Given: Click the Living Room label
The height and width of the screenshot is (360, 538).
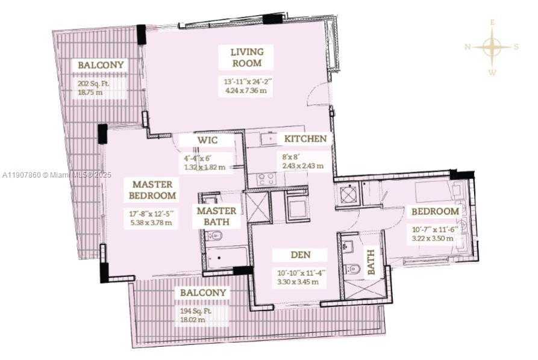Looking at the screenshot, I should (246, 57).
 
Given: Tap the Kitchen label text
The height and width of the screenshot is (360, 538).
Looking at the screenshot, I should (305, 139).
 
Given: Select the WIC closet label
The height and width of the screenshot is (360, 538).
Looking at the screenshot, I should (207, 140).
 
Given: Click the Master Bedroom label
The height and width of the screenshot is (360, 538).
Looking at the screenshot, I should (152, 190).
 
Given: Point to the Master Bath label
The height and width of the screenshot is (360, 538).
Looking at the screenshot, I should (216, 217).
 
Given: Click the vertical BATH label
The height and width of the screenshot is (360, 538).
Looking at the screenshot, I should (371, 262).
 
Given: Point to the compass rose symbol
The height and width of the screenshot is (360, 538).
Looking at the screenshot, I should (492, 47).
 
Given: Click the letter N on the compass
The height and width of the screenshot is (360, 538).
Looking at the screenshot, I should (468, 47).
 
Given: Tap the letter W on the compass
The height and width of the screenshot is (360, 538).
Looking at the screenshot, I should (492, 72).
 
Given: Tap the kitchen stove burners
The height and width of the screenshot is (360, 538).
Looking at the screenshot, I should (266, 178).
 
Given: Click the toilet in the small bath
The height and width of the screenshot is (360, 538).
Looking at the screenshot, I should (354, 268).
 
